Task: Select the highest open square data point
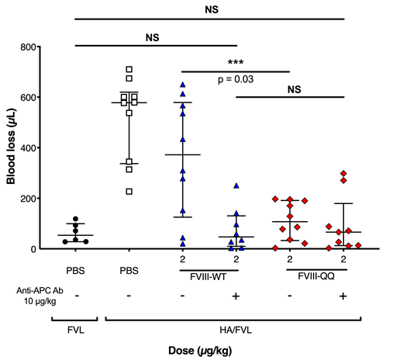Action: pos(129,70)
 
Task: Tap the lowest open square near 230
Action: pos(129,191)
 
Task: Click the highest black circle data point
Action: pos(75,219)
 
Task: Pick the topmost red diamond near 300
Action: pos(343,174)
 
